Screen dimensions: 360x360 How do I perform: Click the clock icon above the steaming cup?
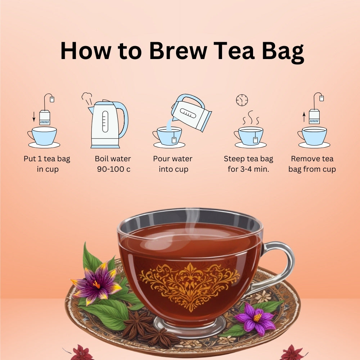click(242, 100)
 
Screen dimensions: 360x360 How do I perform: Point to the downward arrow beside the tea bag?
click(34, 117)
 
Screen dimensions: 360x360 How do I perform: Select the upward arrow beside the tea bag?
click(304, 117)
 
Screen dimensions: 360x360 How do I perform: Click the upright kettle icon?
click(108, 124)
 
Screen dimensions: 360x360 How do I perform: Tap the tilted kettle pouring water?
click(191, 112)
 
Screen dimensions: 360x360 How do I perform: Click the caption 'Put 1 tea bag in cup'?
click(47, 164)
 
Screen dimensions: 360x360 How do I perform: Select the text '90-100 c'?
click(114, 169)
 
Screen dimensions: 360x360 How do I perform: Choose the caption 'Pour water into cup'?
click(173, 164)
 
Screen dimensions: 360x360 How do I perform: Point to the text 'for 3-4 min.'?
click(248, 169)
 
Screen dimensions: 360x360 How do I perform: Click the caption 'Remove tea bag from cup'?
click(312, 164)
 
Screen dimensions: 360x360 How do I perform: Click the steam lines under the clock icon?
click(251, 118)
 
